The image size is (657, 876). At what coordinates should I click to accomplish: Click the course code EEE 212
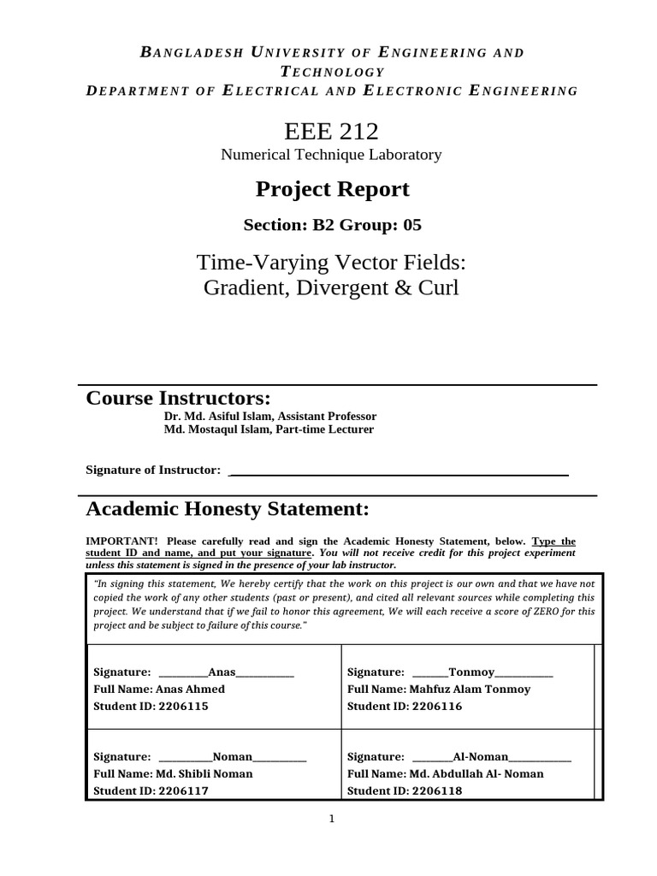pyautogui.click(x=331, y=131)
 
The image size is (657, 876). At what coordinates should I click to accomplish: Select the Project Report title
pyautogui.click(x=331, y=189)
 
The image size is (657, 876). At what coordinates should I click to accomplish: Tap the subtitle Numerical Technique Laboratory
pyautogui.click(x=331, y=155)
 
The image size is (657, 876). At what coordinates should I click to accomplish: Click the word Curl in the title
pyautogui.click(x=438, y=287)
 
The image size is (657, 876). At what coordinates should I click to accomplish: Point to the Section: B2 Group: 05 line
pyautogui.click(x=332, y=225)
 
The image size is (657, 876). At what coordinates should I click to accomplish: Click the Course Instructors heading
pyautogui.click(x=178, y=398)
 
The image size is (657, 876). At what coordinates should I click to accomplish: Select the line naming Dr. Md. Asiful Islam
pyautogui.click(x=269, y=416)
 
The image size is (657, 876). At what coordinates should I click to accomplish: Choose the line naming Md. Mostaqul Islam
pyautogui.click(x=269, y=429)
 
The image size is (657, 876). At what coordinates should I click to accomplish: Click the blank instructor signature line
pyautogui.click(x=400, y=471)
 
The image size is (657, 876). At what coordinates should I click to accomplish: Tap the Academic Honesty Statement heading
pyautogui.click(x=228, y=509)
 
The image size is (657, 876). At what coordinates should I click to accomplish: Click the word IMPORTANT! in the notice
pyautogui.click(x=121, y=542)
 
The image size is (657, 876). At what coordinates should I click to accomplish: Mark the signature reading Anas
pyautogui.click(x=222, y=672)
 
